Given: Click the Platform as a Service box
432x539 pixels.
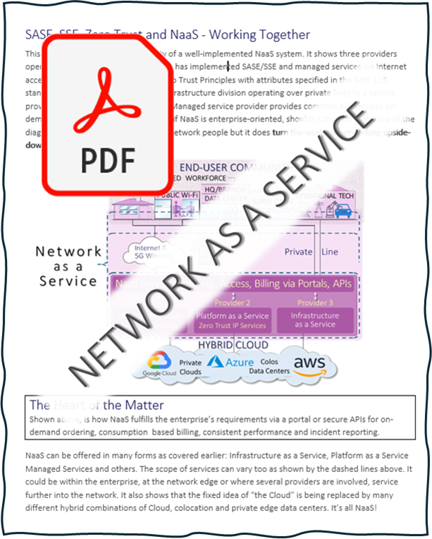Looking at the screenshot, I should click(232, 320).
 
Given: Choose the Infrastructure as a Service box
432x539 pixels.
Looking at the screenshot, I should click(314, 320).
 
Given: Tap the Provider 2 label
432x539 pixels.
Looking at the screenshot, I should click(232, 303).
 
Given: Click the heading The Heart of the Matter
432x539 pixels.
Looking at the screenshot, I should click(97, 405).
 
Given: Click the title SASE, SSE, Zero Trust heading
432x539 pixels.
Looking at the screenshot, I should click(168, 34).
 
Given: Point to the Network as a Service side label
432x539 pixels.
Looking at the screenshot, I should click(68, 265).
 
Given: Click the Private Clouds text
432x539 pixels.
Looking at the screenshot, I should click(190, 367).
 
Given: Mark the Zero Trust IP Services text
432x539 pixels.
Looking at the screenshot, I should click(232, 326).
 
